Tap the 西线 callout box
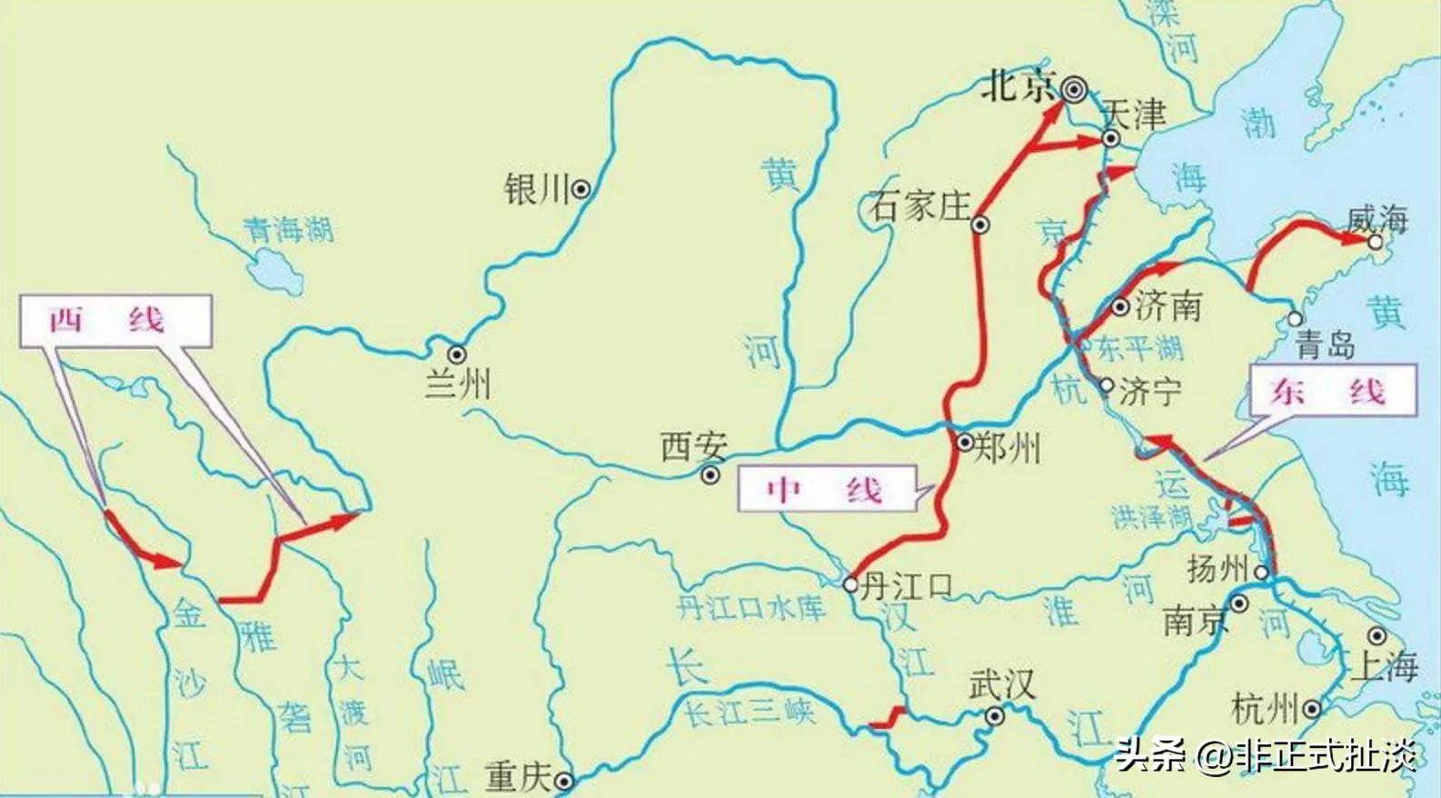pos(115,321)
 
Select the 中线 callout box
pos(824,491)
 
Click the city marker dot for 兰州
pos(456,354)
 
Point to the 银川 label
pos(535,190)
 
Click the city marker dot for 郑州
pos(965,443)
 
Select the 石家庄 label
pos(919,206)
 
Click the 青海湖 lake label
pos(288,229)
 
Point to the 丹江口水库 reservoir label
pos(750,607)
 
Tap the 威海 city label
pos(1377,219)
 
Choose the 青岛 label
pos(1326,345)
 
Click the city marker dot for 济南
pos(1120,306)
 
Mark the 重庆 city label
pos(518,778)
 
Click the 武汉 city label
pos(1001,684)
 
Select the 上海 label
pos(1384,666)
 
